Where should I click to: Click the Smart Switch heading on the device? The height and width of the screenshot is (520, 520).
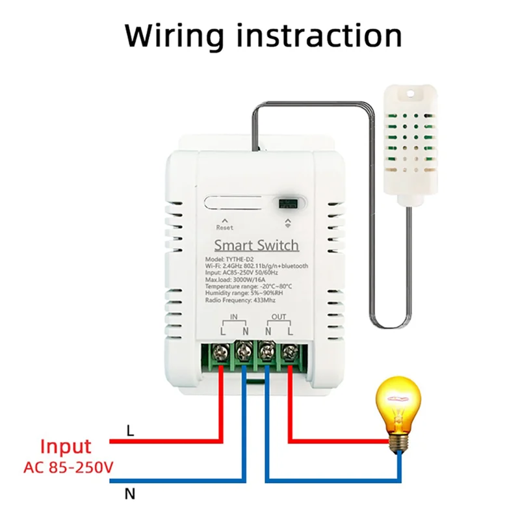coord(257,245)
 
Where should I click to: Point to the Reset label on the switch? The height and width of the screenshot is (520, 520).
coord(224,227)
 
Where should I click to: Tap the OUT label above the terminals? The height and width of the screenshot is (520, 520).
coord(278,317)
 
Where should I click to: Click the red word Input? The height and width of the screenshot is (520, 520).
coord(66,447)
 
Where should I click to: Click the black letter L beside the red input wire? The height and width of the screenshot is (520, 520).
coord(130,431)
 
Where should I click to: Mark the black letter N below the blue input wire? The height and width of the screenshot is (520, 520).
coord(130,495)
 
